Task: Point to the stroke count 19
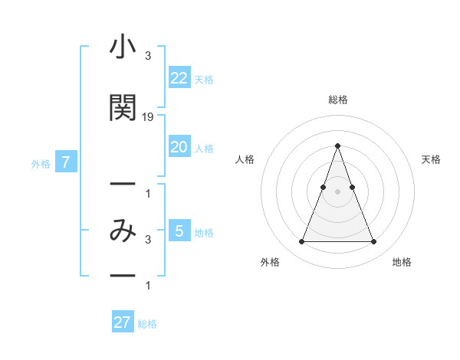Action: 148,117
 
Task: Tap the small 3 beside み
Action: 147,240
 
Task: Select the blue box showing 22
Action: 179,78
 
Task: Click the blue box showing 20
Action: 179,147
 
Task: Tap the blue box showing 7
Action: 66,162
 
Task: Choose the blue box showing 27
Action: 122,322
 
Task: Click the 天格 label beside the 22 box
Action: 204,80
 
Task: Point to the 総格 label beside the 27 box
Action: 147,324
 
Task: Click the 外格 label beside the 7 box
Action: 41,163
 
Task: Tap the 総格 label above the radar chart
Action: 337,100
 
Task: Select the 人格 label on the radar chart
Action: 245,159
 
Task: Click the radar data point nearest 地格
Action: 373,242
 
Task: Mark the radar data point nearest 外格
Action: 301,242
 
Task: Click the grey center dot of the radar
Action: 337,191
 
